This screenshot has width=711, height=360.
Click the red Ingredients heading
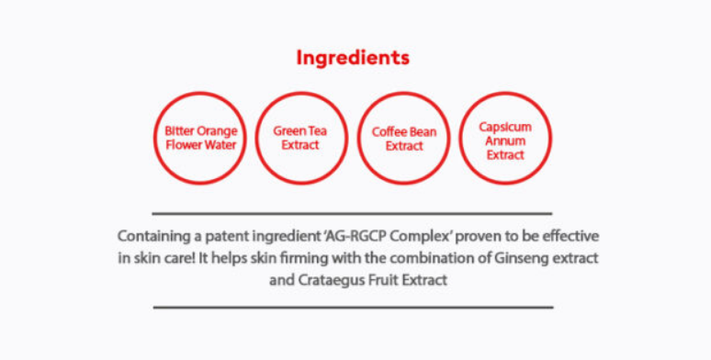tap(353, 58)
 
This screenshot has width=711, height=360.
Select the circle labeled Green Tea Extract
tap(301, 93)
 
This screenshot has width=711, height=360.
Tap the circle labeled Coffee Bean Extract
tap(404, 93)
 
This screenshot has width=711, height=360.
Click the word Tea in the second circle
tap(318, 130)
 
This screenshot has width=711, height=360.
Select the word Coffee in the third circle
tap(388, 132)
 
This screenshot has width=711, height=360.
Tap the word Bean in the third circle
tap(422, 132)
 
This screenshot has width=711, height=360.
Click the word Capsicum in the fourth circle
tap(505, 127)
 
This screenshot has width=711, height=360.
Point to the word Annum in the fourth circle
tap(505, 141)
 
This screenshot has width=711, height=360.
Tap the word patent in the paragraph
tap(226, 237)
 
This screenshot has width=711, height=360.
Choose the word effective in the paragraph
tap(570, 236)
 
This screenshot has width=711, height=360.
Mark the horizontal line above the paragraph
tap(352, 213)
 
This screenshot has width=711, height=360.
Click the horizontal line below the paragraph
tap(354, 308)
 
